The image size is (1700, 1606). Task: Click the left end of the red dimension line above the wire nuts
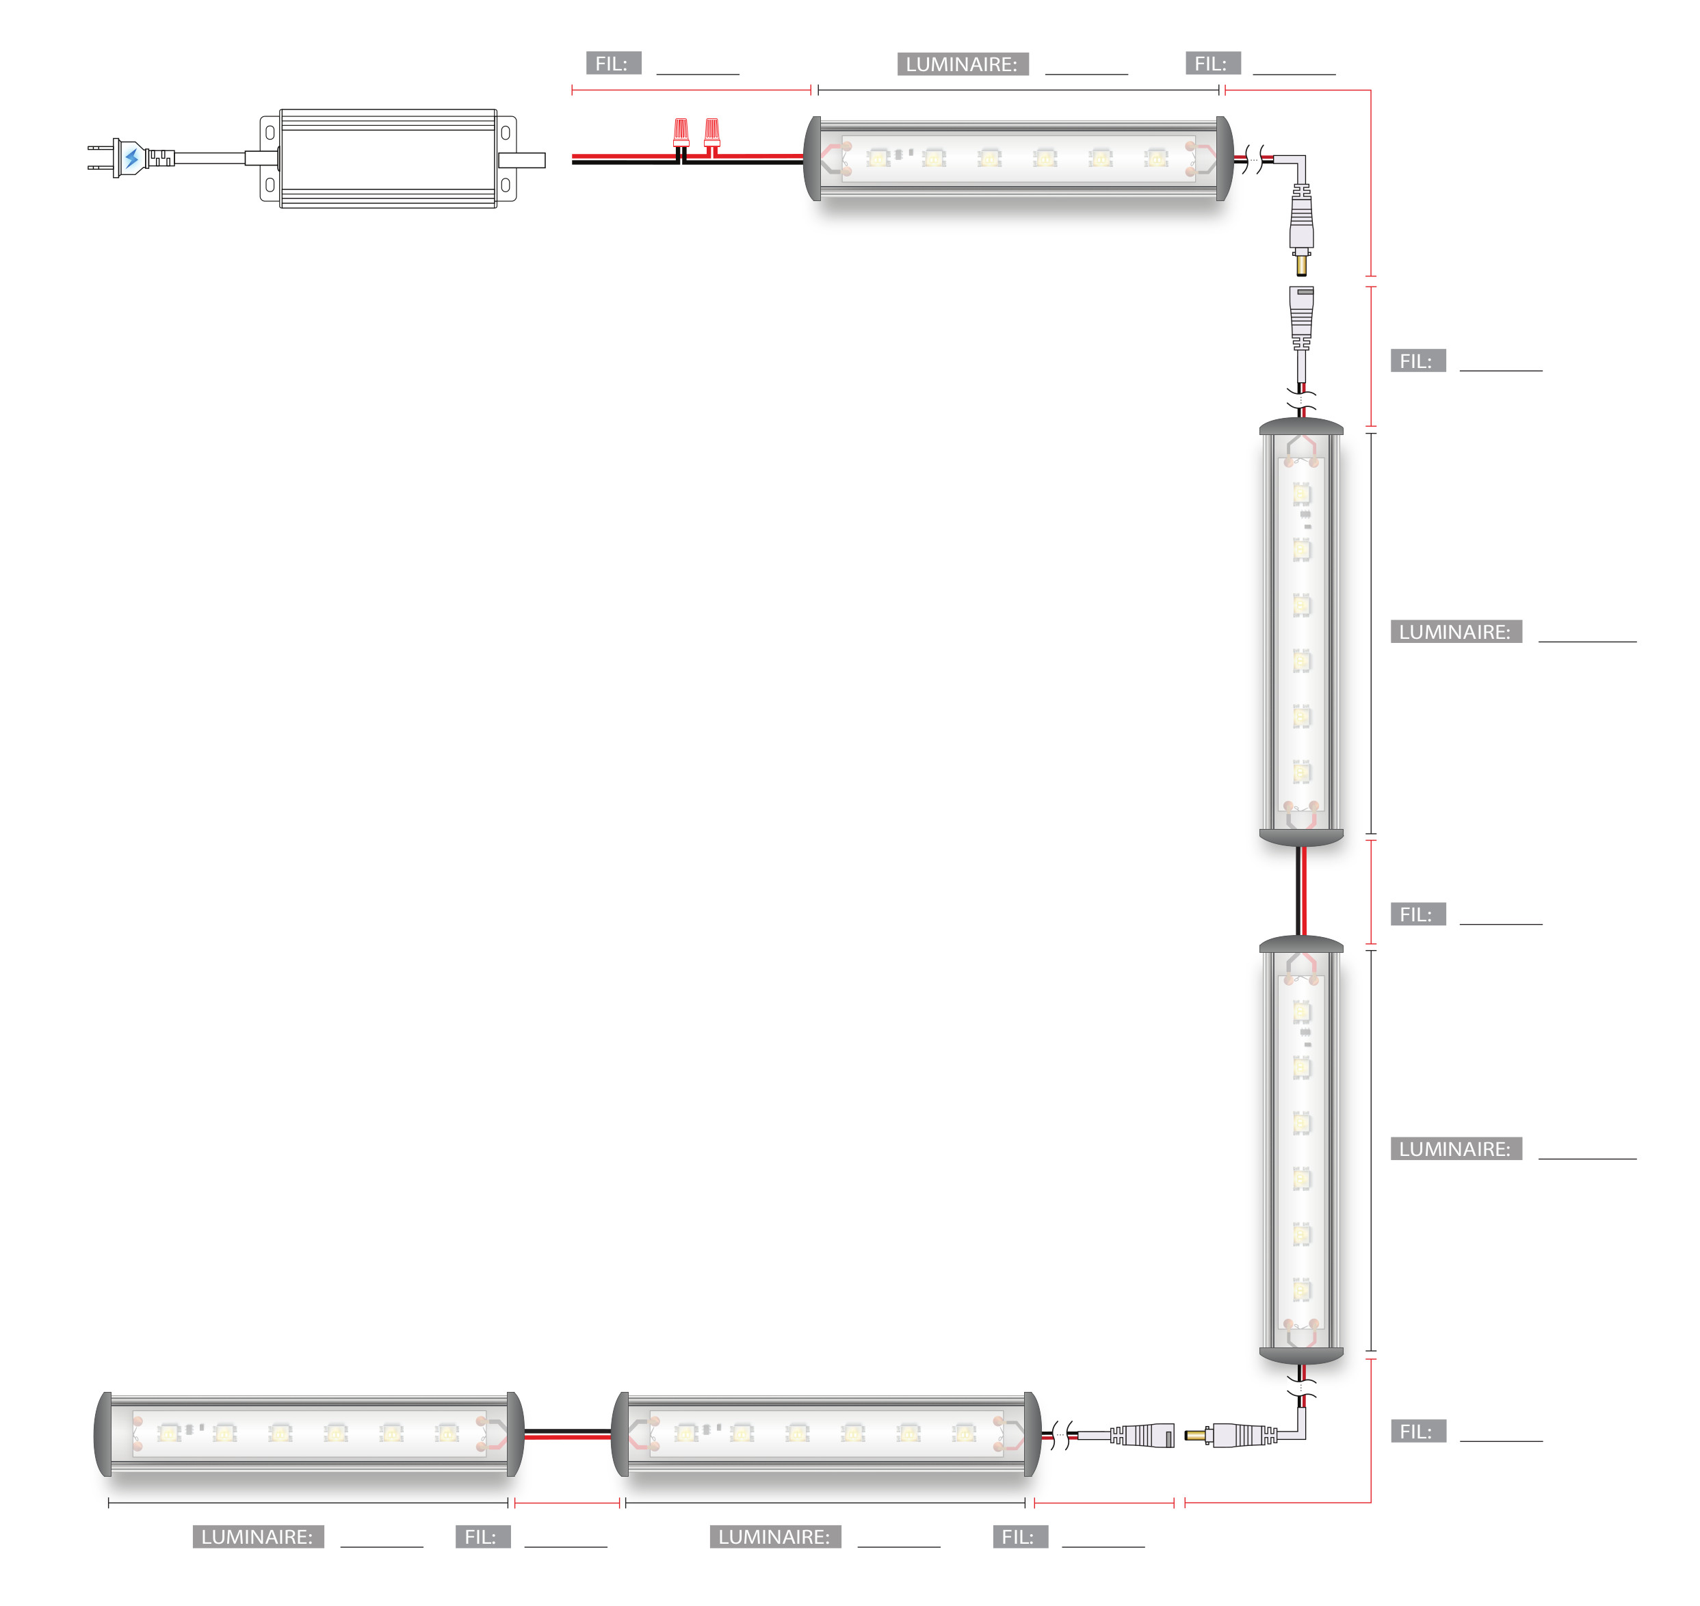[x=572, y=90]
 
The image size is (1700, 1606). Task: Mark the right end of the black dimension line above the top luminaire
[x=1218, y=90]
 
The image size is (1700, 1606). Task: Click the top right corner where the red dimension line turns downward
[x=1370, y=90]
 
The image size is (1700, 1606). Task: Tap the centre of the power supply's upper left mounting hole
[x=270, y=133]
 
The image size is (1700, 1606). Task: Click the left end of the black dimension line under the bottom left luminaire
[x=109, y=1503]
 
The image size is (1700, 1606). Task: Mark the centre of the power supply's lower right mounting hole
[x=506, y=185]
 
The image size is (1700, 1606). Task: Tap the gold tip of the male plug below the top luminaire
[x=1302, y=265]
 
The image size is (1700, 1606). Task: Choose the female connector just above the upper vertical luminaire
[x=1302, y=317]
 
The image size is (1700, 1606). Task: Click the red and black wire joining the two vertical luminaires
[x=1302, y=891]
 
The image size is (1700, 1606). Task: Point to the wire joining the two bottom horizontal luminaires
[x=568, y=1434]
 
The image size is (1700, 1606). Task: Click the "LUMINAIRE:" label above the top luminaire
[x=963, y=64]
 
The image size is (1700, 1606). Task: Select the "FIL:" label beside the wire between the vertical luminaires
[x=1418, y=914]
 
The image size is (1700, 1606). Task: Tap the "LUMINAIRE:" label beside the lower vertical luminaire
[x=1456, y=1149]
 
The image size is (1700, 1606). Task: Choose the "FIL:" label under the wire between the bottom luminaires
[x=483, y=1537]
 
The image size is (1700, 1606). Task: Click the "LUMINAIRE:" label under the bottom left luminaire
[x=258, y=1537]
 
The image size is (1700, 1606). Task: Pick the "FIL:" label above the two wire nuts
[x=613, y=64]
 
